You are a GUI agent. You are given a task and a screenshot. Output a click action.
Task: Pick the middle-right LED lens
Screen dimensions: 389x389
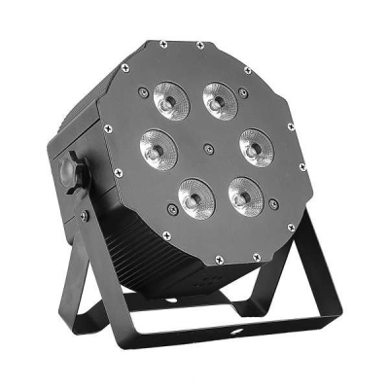(x=253, y=148)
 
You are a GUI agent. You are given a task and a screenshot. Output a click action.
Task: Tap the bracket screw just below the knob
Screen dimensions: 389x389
(x=85, y=215)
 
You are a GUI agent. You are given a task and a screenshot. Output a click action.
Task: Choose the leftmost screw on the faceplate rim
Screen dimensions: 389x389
(x=109, y=126)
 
